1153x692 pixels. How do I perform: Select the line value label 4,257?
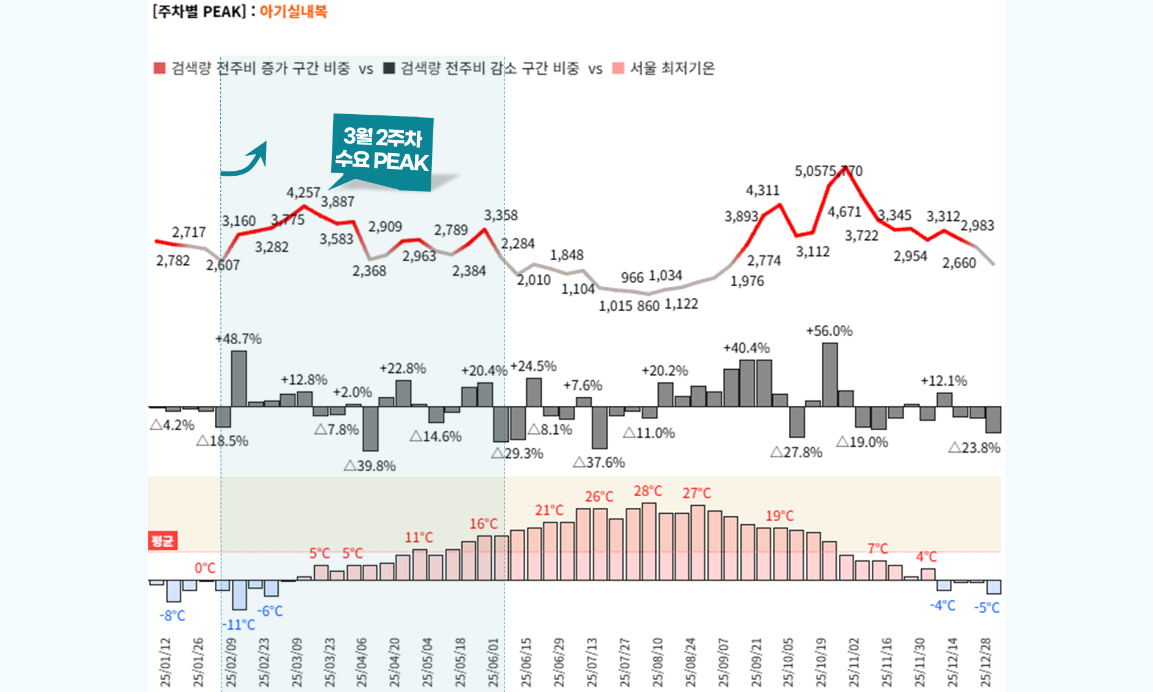click(303, 193)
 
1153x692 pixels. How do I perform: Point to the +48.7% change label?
click(239, 339)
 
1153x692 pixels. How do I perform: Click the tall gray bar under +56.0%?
click(830, 374)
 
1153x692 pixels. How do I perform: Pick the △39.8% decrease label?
click(370, 466)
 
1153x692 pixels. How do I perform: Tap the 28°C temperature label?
click(648, 491)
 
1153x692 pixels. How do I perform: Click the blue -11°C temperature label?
click(239, 625)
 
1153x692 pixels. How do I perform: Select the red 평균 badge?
click(162, 541)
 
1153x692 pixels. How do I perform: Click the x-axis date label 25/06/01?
click(494, 662)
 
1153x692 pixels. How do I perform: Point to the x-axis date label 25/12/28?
click(985, 662)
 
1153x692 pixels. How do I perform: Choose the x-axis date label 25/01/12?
click(165, 662)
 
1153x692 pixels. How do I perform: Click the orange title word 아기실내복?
click(293, 12)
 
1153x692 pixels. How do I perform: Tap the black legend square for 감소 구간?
click(389, 68)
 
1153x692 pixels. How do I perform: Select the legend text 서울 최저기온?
click(672, 68)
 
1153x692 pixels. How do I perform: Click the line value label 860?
click(648, 306)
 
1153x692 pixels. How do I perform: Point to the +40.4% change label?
click(746, 348)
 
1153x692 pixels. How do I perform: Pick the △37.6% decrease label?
click(599, 463)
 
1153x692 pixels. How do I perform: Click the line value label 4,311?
click(763, 190)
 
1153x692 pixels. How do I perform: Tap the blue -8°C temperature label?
click(172, 616)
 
